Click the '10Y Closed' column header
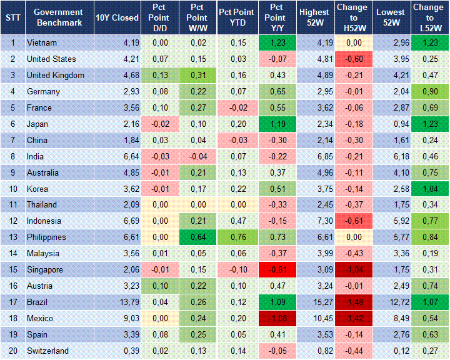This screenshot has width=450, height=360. pos(117,17)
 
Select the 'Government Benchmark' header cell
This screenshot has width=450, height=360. pos(58,17)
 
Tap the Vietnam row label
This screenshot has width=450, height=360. pos(42,43)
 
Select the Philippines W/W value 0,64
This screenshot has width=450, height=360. pos(197,237)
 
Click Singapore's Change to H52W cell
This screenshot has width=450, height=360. pos(352,270)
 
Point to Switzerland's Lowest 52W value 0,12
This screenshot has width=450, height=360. pos(392,351)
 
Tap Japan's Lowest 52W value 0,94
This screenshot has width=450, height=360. pos(392,124)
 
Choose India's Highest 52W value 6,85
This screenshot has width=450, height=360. pos(314,156)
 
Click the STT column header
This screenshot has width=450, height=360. pos(12,17)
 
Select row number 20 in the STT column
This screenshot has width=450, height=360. pos(12,351)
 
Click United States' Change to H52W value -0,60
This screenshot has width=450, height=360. pos(352,59)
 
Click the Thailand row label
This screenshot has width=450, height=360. pos(42,205)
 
